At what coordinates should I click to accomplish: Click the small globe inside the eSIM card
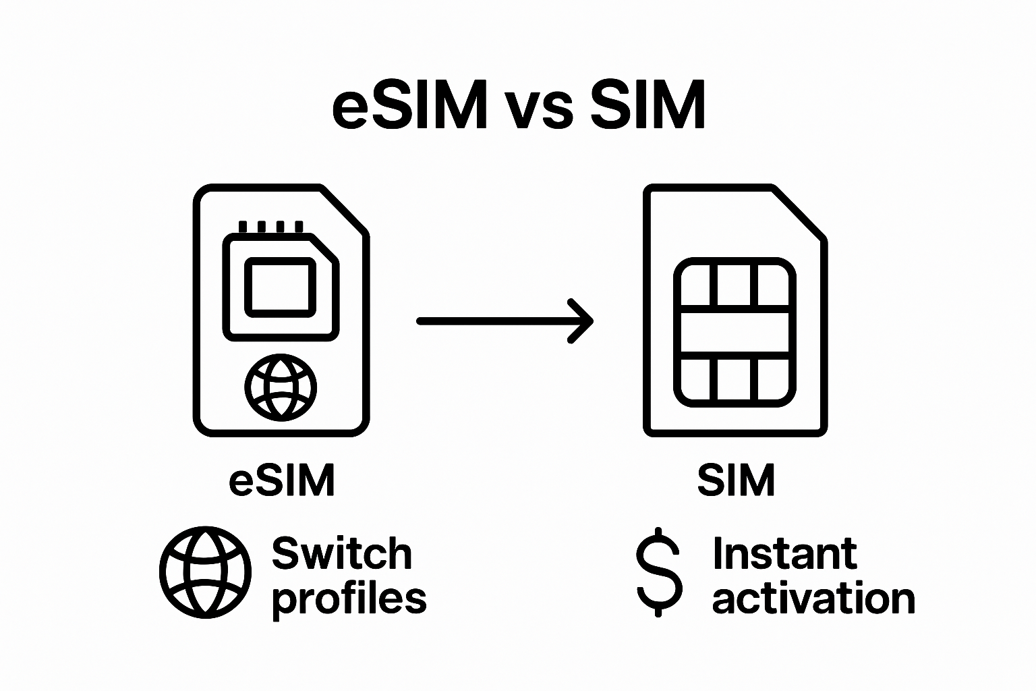(280, 387)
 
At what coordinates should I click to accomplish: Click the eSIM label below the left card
(282, 480)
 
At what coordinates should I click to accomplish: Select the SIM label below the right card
(736, 480)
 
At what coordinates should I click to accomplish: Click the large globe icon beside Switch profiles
(205, 572)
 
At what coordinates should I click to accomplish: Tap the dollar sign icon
(659, 572)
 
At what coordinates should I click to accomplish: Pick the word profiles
(349, 599)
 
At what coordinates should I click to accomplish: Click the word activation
(813, 599)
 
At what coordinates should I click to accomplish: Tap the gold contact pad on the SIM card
(735, 332)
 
